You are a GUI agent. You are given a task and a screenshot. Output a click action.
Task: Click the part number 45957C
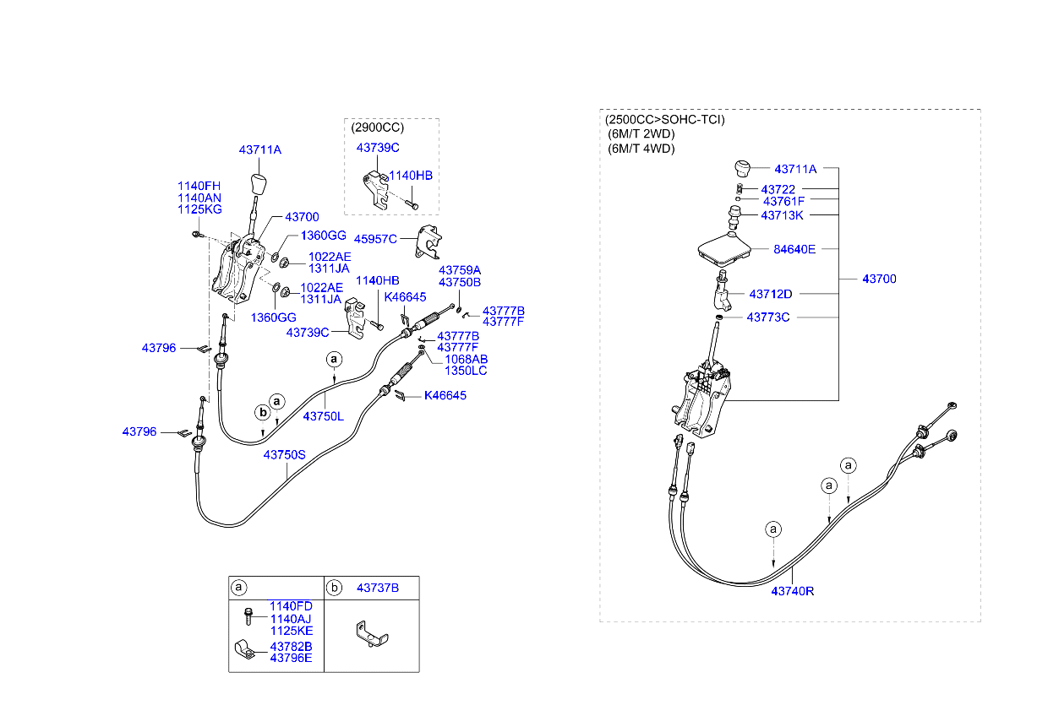[x=374, y=239]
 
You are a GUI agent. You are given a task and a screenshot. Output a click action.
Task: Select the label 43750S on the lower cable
[x=284, y=454]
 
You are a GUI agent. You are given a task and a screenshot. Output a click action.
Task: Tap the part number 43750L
[x=324, y=416]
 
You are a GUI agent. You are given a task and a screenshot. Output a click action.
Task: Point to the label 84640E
[x=794, y=249]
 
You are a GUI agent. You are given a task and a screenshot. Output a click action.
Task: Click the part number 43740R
[x=792, y=591]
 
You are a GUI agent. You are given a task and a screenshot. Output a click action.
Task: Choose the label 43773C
[x=767, y=317]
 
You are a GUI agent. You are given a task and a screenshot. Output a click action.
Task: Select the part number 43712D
[x=770, y=294]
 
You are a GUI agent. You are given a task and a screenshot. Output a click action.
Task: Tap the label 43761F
[x=783, y=202]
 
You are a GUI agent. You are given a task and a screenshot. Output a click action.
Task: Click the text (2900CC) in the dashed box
[x=377, y=128]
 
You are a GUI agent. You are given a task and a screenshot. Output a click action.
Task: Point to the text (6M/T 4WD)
[x=641, y=149]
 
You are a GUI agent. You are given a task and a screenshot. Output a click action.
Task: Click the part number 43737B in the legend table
[x=377, y=587]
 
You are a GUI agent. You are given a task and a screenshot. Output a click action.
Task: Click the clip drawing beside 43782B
[x=246, y=651]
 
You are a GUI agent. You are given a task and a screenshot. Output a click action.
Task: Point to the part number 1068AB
[x=466, y=359]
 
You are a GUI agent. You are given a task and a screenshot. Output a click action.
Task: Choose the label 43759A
[x=459, y=270]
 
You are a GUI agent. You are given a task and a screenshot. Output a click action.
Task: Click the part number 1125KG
[x=199, y=209]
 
